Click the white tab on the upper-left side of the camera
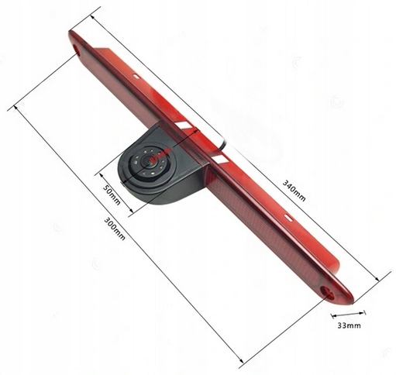pyautogui.click(x=182, y=125)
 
